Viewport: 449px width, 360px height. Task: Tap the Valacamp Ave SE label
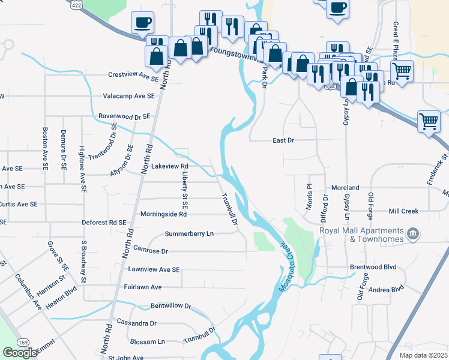coord(129,96)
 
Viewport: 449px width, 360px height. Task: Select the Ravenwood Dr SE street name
coord(124,116)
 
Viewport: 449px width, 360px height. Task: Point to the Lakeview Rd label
coord(170,166)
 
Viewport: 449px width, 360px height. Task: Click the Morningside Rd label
coord(163,214)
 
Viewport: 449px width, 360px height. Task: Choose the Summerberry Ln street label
coord(189,234)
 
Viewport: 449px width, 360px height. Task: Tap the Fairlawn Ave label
coord(143,287)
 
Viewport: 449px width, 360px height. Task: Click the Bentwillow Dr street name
coord(170,306)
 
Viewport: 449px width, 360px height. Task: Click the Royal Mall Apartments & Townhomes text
coord(361,235)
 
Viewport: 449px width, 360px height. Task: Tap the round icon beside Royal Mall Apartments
coord(412,233)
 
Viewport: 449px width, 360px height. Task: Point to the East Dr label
coord(283,140)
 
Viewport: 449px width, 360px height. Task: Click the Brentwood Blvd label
coord(373,266)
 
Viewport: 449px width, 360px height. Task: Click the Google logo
coord(20,353)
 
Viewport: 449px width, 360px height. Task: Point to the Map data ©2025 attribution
coord(423,355)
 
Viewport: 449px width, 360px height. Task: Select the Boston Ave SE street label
coord(44,147)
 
